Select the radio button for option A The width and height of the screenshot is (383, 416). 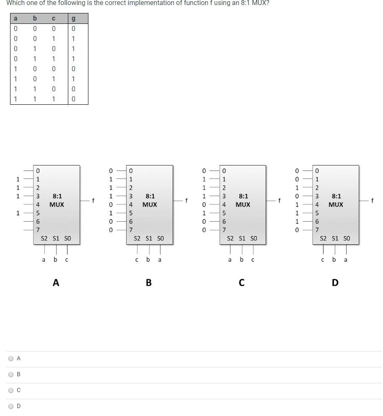click(11, 359)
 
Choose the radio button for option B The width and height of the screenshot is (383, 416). click(11, 375)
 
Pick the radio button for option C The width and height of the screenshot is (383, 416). click(11, 390)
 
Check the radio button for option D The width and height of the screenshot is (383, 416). click(11, 406)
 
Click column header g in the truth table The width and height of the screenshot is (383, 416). click(73, 18)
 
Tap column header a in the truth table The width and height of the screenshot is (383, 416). click(16, 18)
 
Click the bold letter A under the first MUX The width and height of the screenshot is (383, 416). click(56, 283)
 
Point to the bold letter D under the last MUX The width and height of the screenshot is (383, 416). click(335, 283)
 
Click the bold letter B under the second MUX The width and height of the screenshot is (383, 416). click(149, 283)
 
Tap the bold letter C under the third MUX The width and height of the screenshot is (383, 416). click(242, 283)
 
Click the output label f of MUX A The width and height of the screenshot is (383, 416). click(93, 201)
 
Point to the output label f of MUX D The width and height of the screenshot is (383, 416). click(372, 201)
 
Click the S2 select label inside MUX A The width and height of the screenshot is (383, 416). click(44, 238)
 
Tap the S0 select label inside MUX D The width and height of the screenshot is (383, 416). click(347, 238)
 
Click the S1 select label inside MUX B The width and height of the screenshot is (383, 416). click(149, 238)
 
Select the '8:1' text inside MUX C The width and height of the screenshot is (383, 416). click(243, 196)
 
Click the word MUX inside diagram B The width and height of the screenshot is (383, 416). click(150, 204)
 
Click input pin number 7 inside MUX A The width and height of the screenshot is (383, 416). click(38, 230)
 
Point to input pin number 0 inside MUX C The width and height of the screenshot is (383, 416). click(224, 171)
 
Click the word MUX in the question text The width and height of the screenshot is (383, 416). click(259, 3)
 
